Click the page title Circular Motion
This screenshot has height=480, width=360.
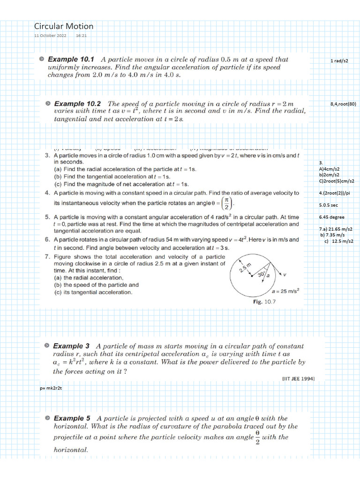[x=64, y=26]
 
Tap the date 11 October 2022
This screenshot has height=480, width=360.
[x=51, y=36]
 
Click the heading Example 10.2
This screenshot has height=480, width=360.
[x=77, y=103]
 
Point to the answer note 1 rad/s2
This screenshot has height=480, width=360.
[x=339, y=61]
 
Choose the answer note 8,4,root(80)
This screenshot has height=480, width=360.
[x=343, y=104]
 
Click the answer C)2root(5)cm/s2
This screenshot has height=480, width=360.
[x=336, y=180]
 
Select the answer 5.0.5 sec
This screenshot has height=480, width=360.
[x=329, y=205]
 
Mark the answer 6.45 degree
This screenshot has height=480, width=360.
[x=331, y=217]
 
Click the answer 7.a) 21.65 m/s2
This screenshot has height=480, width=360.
[x=336, y=229]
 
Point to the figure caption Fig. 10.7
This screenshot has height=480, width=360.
[x=264, y=302]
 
